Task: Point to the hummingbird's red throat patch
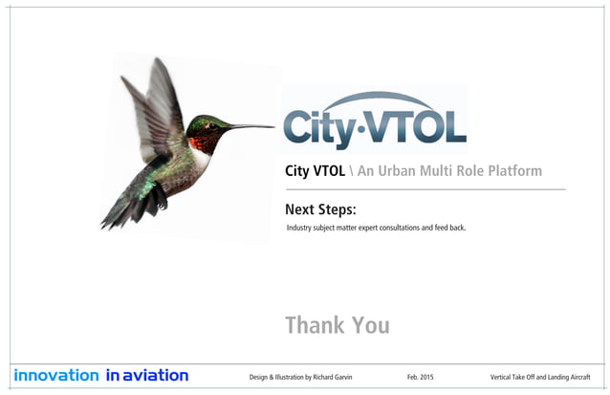tap(198, 143)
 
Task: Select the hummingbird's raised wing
tap(158, 100)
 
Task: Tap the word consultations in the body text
tap(409, 228)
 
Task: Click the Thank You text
tap(337, 324)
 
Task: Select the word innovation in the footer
tap(55, 376)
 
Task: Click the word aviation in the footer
tap(155, 376)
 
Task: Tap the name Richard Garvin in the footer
tap(327, 377)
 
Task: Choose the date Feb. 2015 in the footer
tap(422, 377)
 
